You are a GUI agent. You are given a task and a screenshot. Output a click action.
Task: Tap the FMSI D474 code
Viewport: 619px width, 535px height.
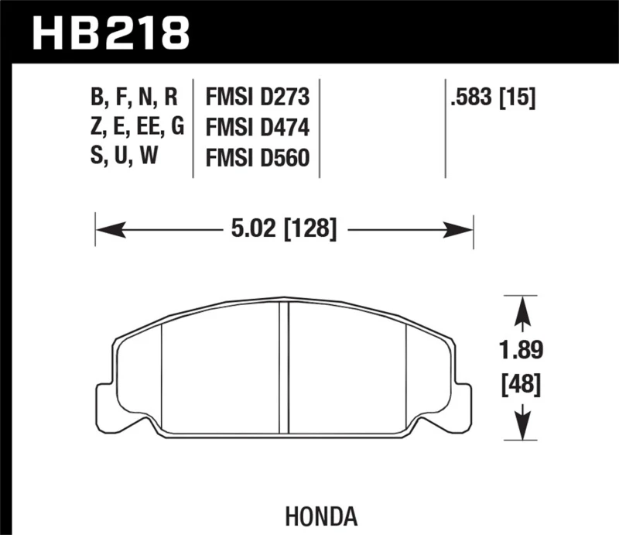tap(257, 128)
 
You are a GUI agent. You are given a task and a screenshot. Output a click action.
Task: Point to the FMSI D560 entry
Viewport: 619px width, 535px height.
tap(257, 157)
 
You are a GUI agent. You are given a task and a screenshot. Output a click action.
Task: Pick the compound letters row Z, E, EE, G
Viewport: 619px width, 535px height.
tap(137, 128)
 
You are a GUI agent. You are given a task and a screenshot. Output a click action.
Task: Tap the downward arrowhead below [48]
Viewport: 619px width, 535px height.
tap(524, 425)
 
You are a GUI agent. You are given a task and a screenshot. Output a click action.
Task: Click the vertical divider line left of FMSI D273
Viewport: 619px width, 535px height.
tap(192, 128)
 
